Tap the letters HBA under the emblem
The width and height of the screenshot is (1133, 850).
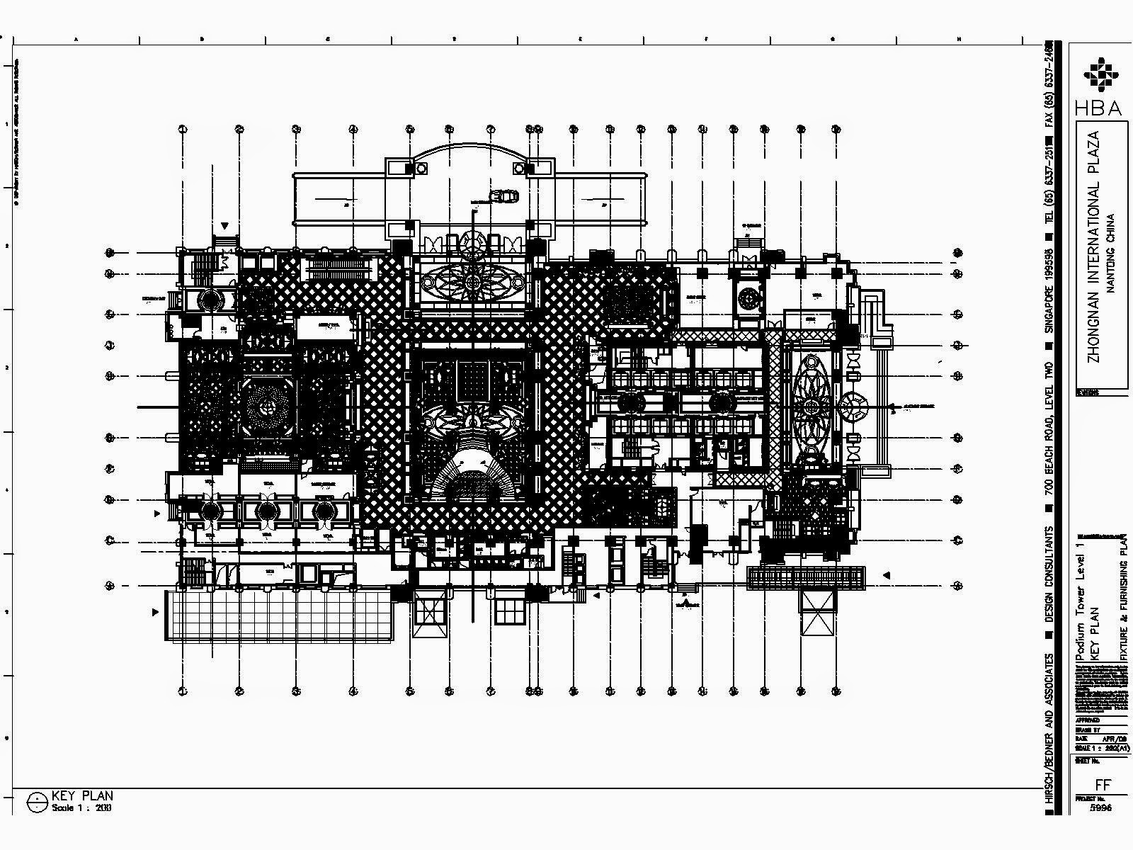(1098, 108)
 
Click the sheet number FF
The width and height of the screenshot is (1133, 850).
(1102, 784)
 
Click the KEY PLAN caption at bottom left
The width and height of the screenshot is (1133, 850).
(82, 796)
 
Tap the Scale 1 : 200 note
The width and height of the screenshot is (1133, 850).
(81, 807)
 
